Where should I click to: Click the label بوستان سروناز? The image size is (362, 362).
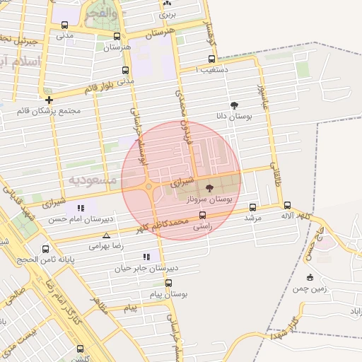click(210, 201)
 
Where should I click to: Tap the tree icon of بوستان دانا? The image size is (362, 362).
click(234, 104)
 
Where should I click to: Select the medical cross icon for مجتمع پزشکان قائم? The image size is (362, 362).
click(49, 100)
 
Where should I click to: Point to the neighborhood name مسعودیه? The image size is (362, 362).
click(93, 180)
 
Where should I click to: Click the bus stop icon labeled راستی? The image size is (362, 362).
click(203, 215)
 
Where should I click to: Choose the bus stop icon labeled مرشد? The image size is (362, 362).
click(253, 207)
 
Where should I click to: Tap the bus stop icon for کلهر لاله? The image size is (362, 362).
click(287, 205)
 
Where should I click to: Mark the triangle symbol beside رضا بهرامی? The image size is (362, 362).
click(106, 235)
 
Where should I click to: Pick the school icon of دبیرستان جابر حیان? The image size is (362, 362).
click(146, 257)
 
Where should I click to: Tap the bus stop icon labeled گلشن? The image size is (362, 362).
click(80, 349)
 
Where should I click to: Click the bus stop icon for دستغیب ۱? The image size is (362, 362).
click(211, 59)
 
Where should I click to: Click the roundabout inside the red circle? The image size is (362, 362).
click(148, 187)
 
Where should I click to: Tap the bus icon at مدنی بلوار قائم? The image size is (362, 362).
click(125, 71)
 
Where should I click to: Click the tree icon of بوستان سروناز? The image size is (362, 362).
click(209, 188)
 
